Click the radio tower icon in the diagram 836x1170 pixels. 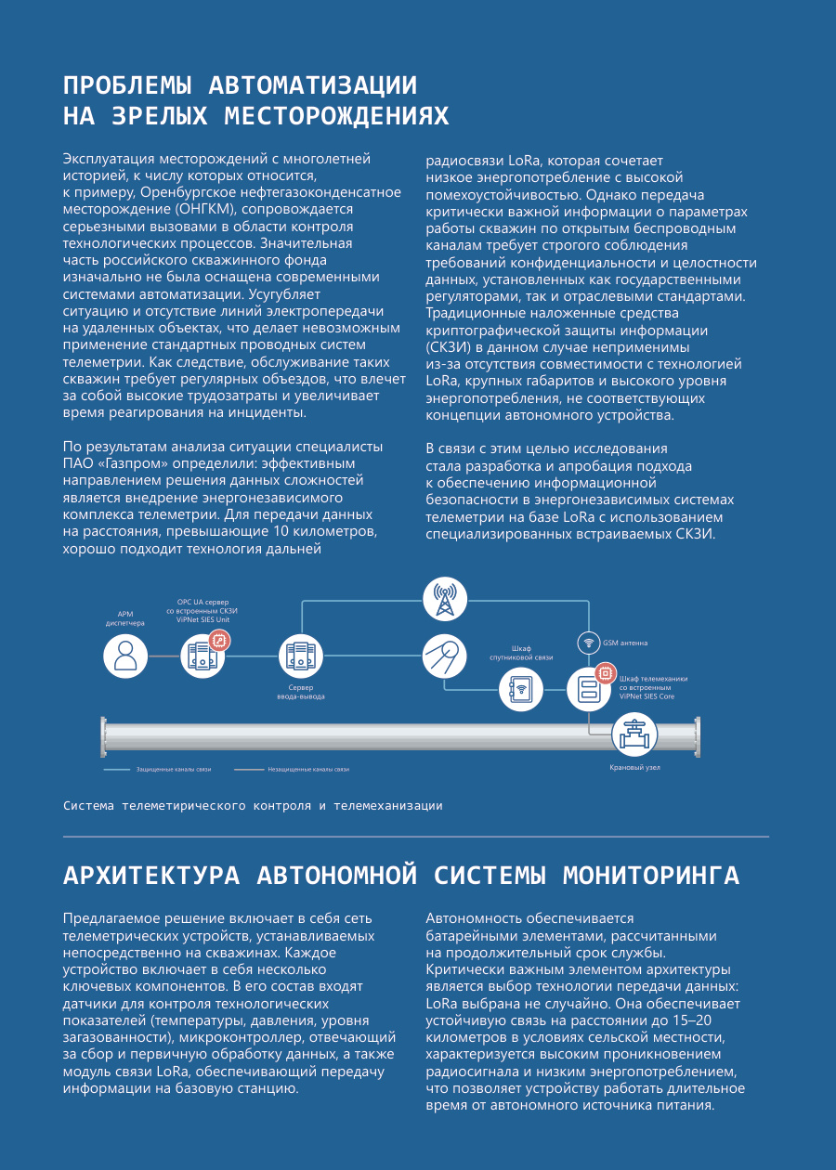click(x=445, y=599)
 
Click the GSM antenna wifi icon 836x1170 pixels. click(x=588, y=643)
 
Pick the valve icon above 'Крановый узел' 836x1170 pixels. click(x=634, y=735)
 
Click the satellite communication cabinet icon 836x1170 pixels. click(x=521, y=689)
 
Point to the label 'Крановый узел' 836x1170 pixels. click(x=634, y=768)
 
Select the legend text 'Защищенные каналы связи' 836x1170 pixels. click(x=174, y=770)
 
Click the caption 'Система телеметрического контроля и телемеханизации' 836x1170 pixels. click(x=253, y=805)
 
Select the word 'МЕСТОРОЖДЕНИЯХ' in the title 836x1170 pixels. click(x=337, y=116)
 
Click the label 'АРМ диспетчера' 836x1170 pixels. click(x=125, y=618)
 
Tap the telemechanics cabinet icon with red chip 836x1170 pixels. click(x=590, y=688)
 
